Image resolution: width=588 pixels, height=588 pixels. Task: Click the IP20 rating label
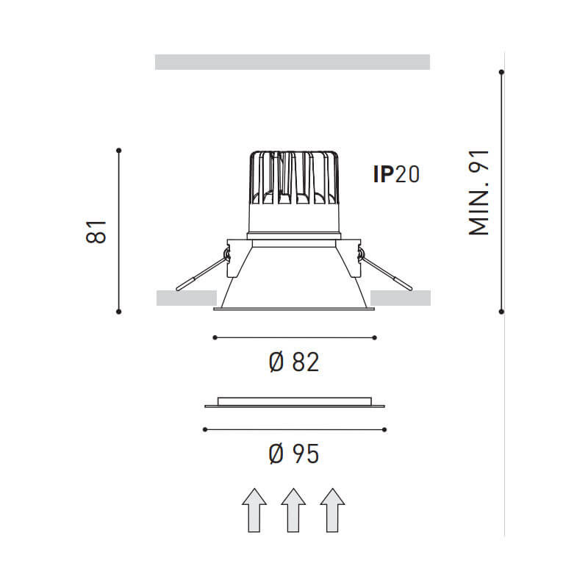pyautogui.click(x=397, y=175)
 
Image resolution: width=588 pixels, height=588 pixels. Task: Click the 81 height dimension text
pyautogui.click(x=96, y=231)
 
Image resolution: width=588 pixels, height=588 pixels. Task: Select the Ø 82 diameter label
pyautogui.click(x=294, y=362)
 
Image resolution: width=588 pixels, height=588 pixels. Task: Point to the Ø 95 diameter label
pyautogui.click(x=294, y=455)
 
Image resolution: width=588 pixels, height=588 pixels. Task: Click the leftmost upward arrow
pyautogui.click(x=254, y=509)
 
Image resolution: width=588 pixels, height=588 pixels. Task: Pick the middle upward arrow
pyautogui.click(x=293, y=509)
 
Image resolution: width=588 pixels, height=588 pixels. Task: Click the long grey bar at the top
pyautogui.click(x=293, y=62)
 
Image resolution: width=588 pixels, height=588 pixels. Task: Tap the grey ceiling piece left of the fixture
pyautogui.click(x=186, y=297)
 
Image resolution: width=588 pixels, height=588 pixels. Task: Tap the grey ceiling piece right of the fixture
pyautogui.click(x=401, y=297)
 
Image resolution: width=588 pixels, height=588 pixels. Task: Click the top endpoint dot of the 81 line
pyautogui.click(x=119, y=151)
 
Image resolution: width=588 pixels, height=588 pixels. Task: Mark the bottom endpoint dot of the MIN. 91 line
pyautogui.click(x=501, y=312)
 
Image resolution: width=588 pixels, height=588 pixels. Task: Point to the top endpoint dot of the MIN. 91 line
pyautogui.click(x=501, y=72)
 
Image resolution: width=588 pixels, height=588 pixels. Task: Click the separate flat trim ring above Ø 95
pyautogui.click(x=294, y=403)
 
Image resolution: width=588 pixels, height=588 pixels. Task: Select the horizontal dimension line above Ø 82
pyautogui.click(x=294, y=337)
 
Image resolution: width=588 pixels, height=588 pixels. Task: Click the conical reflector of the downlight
pyautogui.click(x=294, y=279)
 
